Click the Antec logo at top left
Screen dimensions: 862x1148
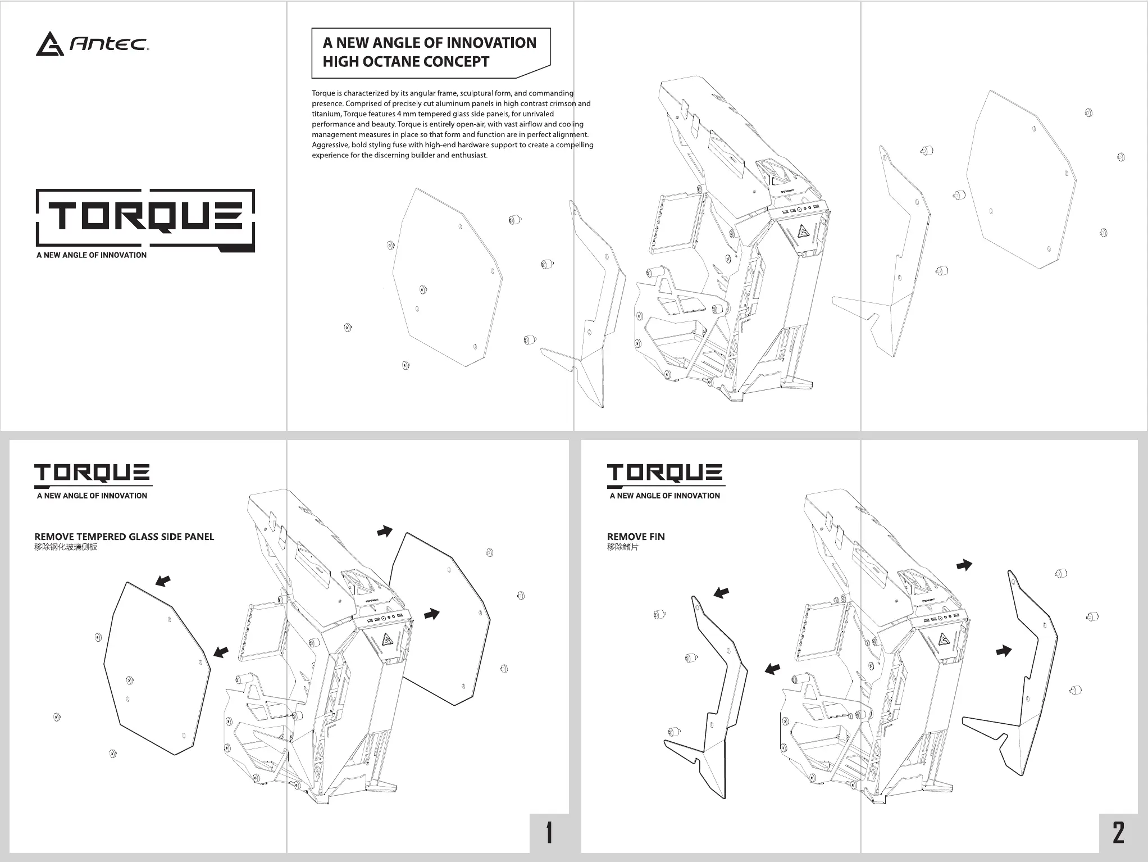coord(92,44)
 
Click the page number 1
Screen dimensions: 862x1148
coord(549,832)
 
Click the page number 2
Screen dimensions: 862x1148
coord(1118,832)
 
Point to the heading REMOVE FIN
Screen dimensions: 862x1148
coord(636,537)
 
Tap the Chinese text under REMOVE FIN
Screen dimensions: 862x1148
coord(622,547)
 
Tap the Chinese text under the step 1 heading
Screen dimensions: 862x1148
coord(66,547)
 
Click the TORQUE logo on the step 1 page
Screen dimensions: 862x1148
coord(92,473)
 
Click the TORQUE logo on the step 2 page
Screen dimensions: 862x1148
coord(665,473)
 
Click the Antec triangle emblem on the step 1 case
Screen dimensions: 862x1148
coord(387,639)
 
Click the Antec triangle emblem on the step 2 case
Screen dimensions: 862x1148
coord(944,639)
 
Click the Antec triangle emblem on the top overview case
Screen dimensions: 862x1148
coord(804,233)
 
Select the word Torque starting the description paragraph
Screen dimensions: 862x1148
coord(324,93)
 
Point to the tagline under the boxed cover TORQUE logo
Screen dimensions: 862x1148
coord(92,255)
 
